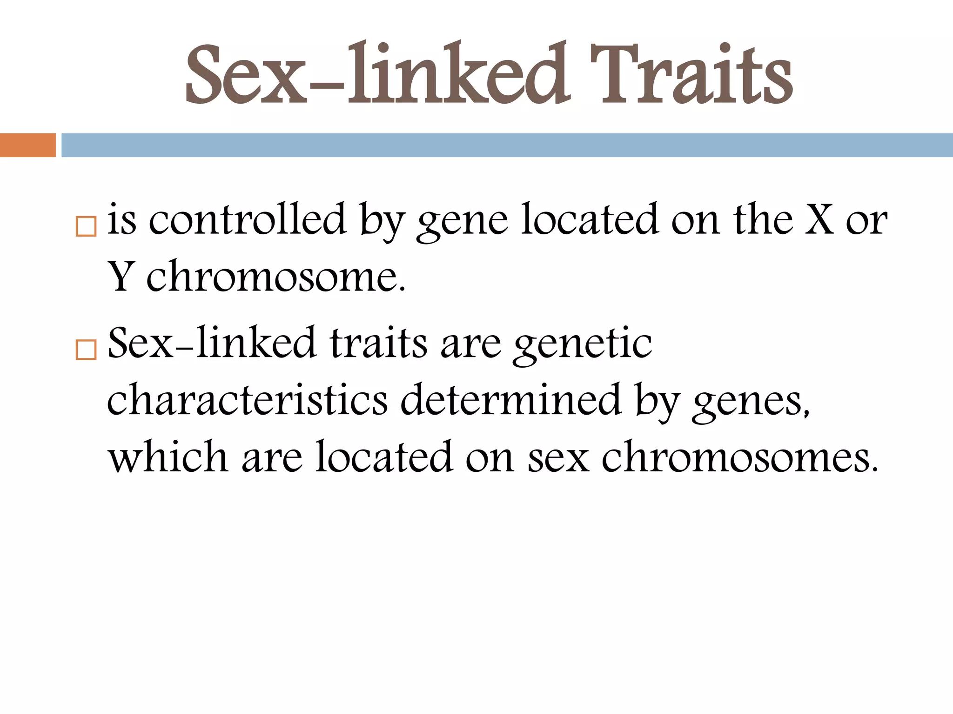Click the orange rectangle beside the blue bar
tap(27, 145)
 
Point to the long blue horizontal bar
tap(507, 145)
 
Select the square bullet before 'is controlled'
tap(86, 227)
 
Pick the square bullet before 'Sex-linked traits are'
tap(86, 350)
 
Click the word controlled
tap(247, 219)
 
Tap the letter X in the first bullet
tap(819, 219)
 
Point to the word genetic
tap(582, 344)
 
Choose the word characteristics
tap(247, 400)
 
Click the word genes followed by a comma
tap(749, 403)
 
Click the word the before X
tap(763, 219)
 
